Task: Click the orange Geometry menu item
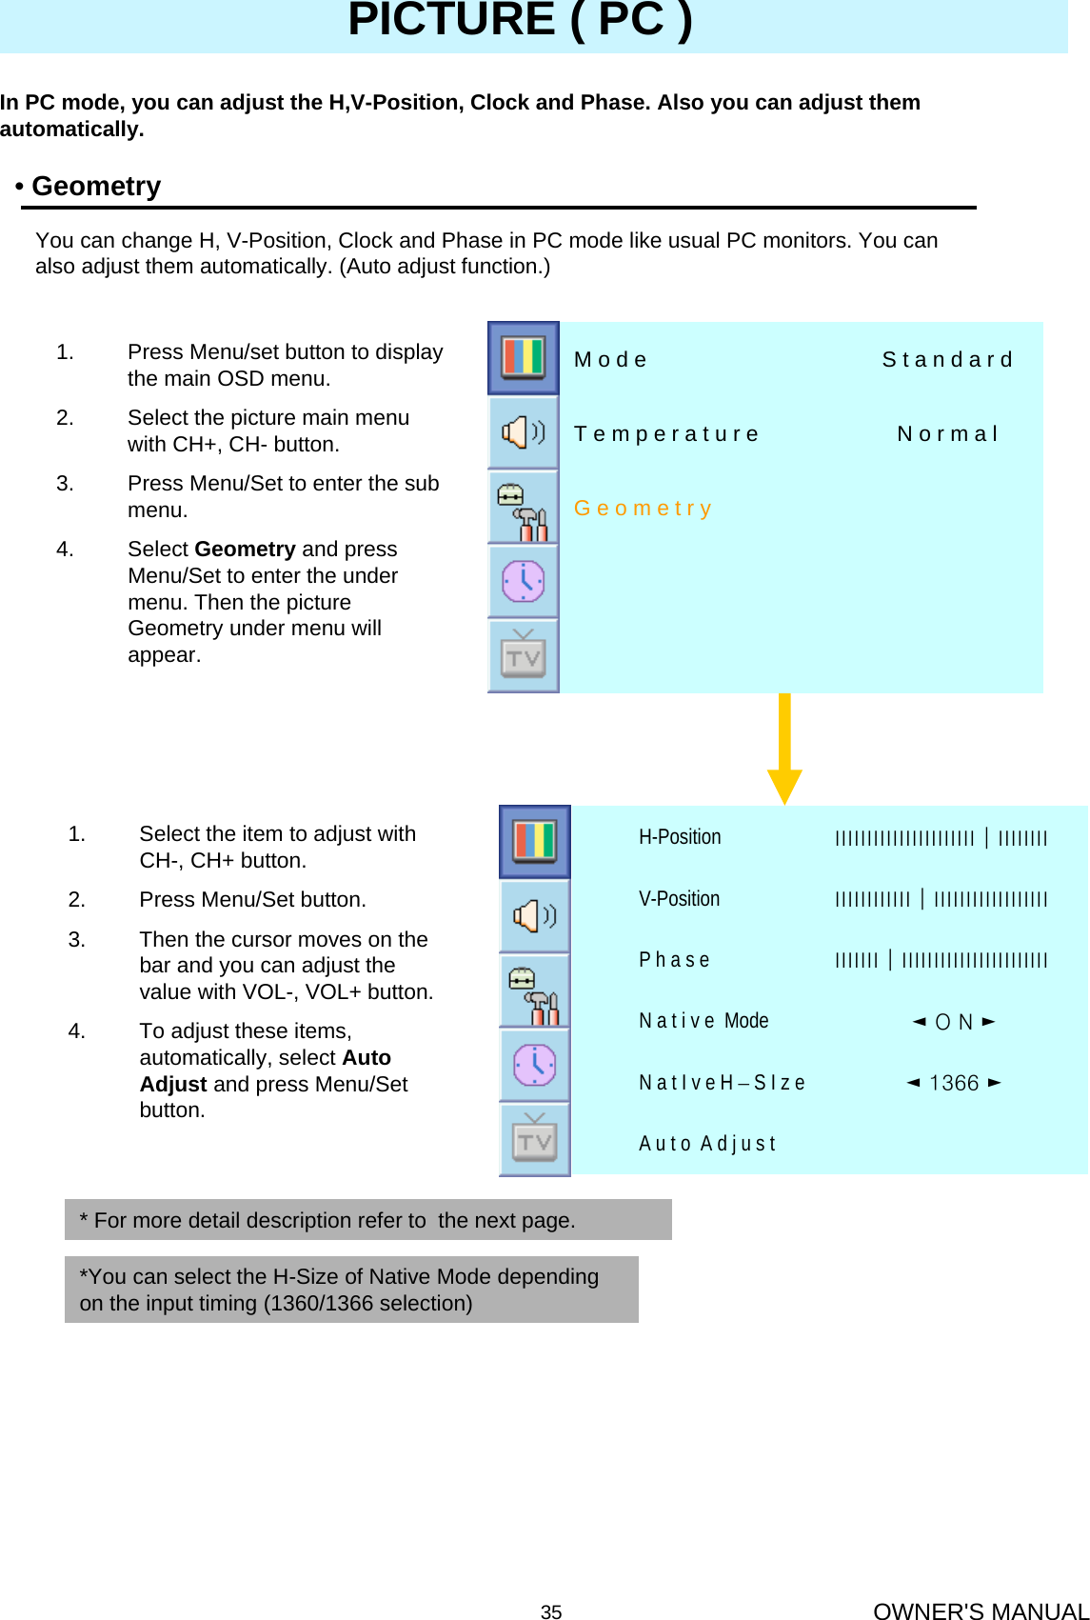click(643, 509)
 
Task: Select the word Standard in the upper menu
click(946, 360)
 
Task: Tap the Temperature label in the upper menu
click(666, 434)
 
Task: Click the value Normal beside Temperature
click(947, 434)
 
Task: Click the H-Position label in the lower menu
click(680, 837)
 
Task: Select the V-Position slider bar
click(941, 899)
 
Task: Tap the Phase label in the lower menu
click(674, 960)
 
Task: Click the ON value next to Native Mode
click(953, 1022)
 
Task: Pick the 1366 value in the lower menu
click(954, 1083)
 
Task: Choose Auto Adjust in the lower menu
click(707, 1144)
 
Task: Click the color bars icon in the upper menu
click(523, 358)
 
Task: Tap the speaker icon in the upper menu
click(523, 432)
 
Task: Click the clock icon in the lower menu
click(534, 1065)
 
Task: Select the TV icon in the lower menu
click(534, 1139)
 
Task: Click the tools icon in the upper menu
click(523, 508)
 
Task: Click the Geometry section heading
click(95, 187)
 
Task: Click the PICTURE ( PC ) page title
click(520, 21)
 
